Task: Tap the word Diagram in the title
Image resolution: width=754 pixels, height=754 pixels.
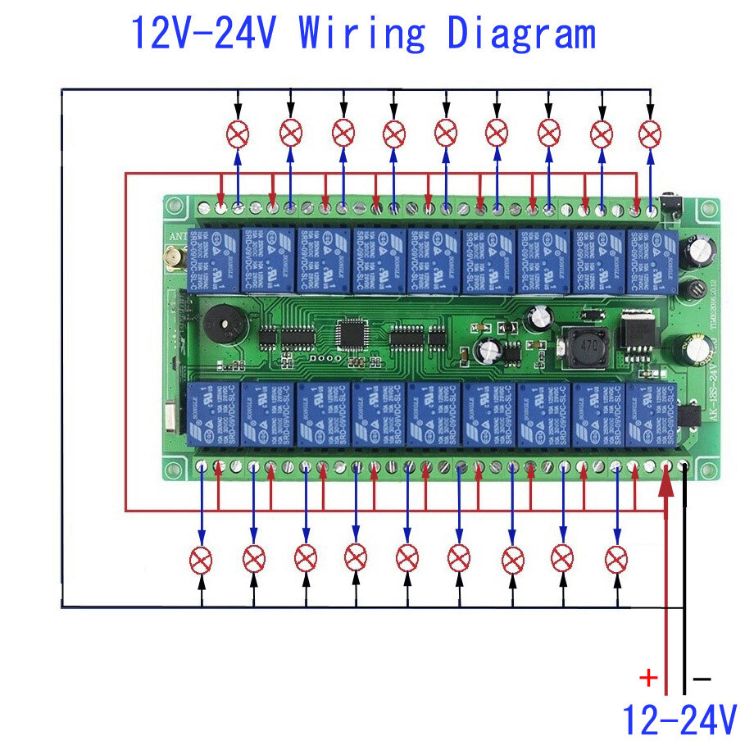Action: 521,34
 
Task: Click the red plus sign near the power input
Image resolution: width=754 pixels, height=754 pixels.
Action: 648,678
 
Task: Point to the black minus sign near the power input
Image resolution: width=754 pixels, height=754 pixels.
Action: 702,679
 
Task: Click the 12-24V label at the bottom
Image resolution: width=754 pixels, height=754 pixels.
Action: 679,720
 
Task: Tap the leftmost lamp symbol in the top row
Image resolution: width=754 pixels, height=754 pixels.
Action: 238,133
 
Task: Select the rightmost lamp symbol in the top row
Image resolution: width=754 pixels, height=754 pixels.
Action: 651,133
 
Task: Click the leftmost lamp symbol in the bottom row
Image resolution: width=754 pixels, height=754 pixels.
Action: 202,560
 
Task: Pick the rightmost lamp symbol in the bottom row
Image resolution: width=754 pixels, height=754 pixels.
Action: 615,559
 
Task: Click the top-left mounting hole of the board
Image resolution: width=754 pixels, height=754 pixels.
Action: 175,208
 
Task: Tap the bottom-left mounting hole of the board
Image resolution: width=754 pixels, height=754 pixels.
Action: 175,469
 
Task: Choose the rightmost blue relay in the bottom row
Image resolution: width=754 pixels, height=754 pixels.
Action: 652,414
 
